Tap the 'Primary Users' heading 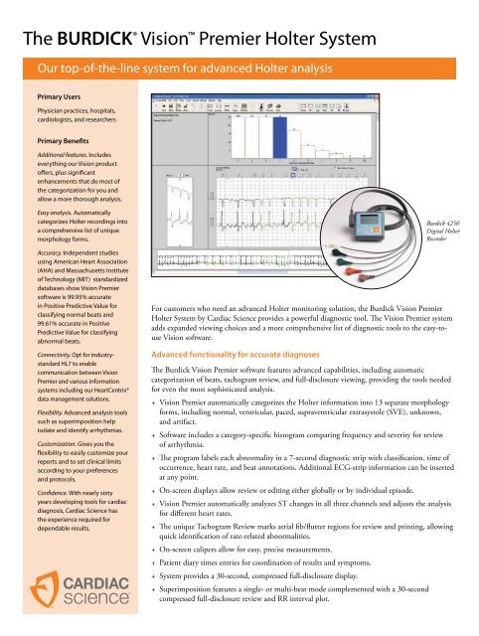tap(46, 99)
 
